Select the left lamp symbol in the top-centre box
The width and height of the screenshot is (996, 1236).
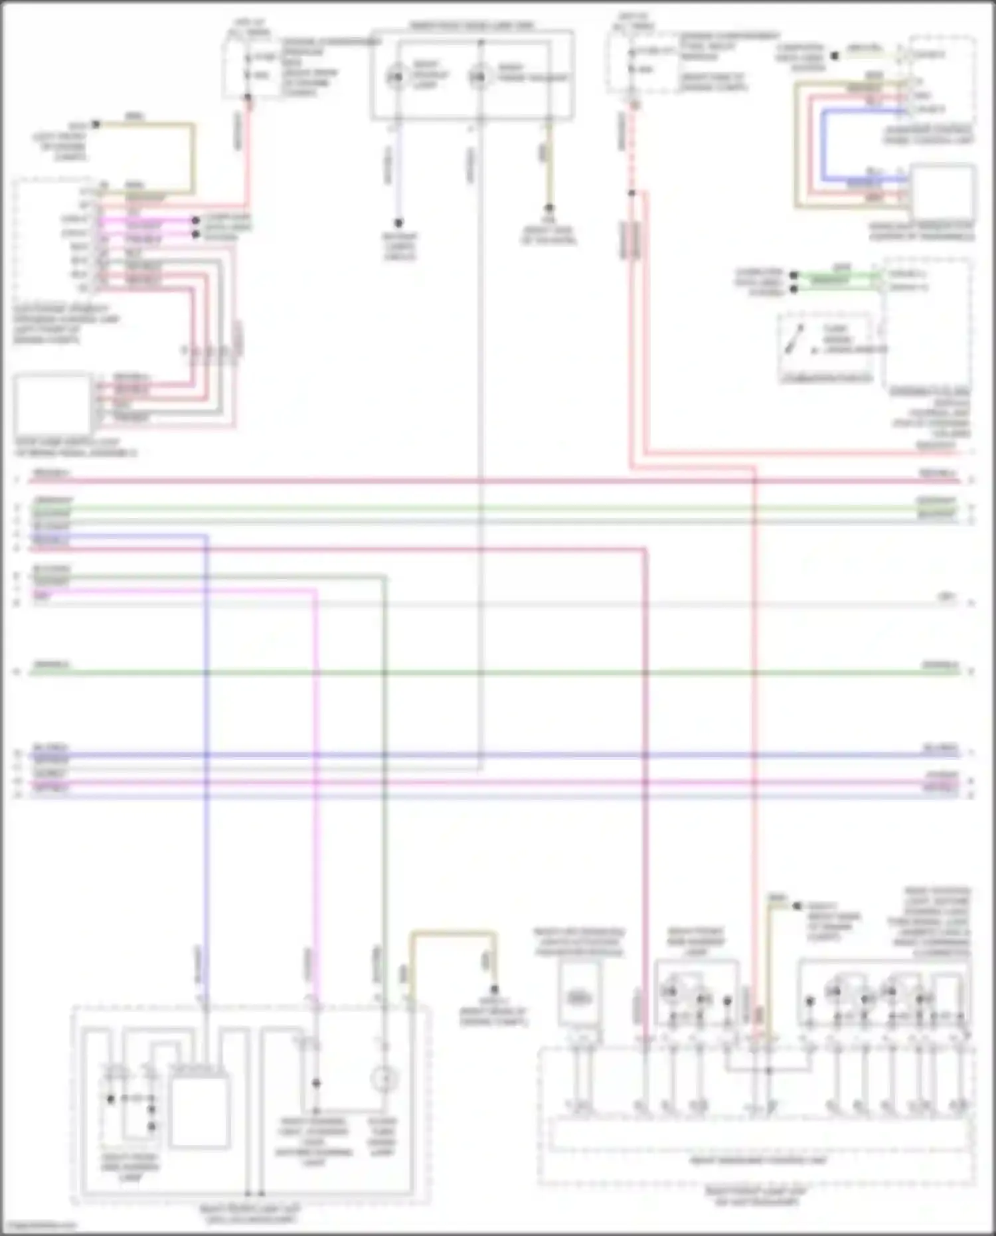396,78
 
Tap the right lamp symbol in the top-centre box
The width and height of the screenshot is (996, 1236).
478,78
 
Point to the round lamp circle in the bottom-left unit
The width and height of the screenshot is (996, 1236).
383,1080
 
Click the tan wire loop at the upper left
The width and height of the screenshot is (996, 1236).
193,153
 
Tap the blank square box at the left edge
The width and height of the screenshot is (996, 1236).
52,404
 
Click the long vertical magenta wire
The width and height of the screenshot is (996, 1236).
315,797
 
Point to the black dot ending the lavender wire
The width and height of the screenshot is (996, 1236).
398,223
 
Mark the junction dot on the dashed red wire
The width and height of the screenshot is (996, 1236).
632,193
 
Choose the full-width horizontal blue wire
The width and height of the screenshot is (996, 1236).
491,755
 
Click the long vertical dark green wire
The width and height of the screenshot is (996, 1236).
384,797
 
